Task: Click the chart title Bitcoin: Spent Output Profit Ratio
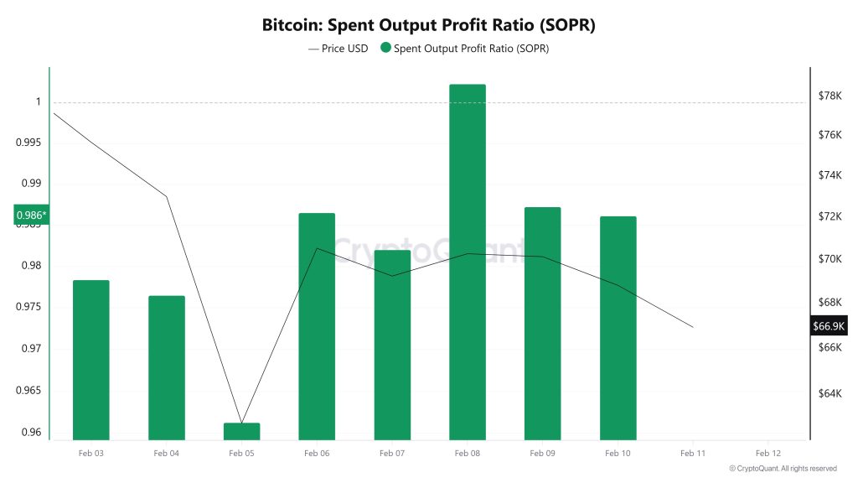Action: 428,25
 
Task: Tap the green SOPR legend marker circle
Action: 385,49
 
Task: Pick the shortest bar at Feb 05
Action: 241,431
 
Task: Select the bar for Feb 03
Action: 91,360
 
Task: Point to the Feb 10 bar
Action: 618,328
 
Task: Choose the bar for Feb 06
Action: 317,326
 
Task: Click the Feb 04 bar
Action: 167,367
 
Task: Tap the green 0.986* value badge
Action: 32,216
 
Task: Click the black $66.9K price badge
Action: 830,326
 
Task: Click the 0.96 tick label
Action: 32,433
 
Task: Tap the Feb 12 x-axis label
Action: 768,453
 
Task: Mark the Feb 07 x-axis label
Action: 392,453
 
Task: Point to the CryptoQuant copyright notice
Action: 783,468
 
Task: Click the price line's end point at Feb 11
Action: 693,326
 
